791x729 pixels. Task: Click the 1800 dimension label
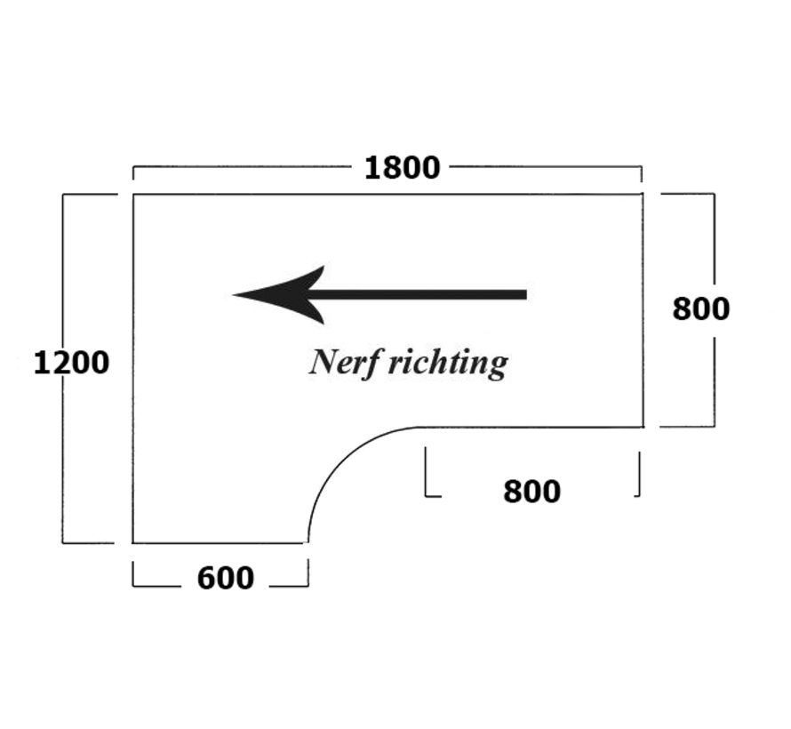click(402, 167)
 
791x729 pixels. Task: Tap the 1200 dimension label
click(71, 363)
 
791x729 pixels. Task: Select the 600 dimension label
click(225, 578)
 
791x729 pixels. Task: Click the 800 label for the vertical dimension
click(700, 308)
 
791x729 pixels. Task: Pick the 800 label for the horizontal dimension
click(531, 491)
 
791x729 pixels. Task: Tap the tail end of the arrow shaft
click(524, 294)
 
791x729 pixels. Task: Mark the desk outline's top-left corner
click(133, 194)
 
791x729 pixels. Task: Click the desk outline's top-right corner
click(643, 194)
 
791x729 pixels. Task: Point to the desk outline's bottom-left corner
click(133, 541)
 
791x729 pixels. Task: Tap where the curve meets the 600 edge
click(308, 541)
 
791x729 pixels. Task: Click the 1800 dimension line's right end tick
click(642, 172)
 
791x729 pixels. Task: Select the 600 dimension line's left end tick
click(133, 574)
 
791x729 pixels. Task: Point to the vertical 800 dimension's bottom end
click(713, 426)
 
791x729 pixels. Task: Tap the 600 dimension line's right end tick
click(308, 574)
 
